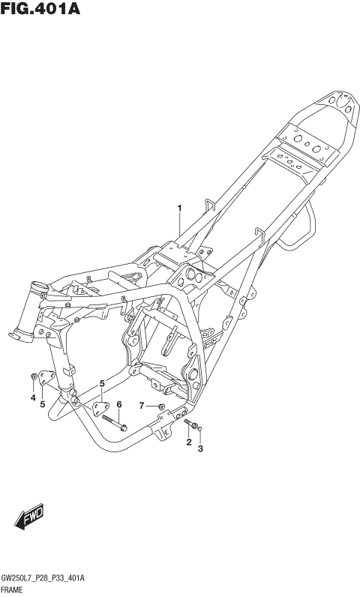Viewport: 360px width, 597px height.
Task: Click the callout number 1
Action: (179, 208)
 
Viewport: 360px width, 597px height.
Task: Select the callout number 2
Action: (189, 442)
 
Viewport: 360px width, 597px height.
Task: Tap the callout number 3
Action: (200, 449)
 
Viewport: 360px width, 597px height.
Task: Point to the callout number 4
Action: (33, 397)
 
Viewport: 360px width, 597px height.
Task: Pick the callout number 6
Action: (119, 404)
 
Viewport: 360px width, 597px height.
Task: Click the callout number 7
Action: (142, 406)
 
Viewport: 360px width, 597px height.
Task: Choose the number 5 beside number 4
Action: (42, 404)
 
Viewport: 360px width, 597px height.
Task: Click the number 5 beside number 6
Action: (102, 384)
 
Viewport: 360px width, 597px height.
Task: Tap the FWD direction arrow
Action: (29, 517)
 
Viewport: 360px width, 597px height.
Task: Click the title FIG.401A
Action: (40, 8)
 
